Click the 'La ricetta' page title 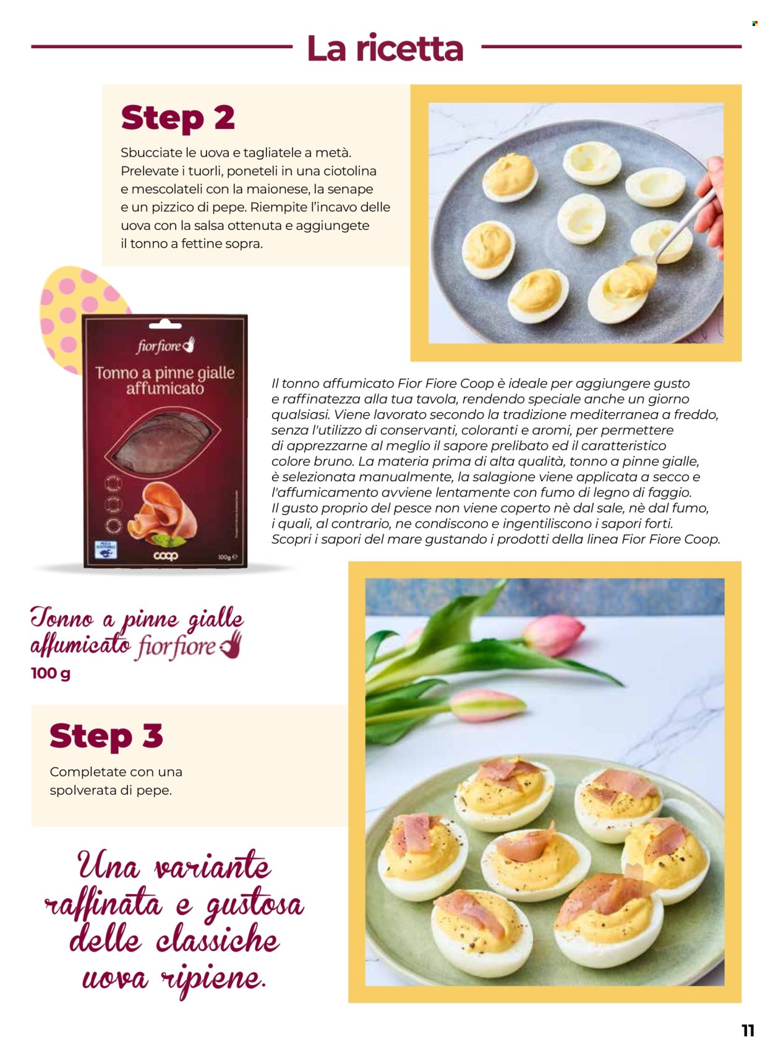coord(385,48)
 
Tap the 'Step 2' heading coord(177,117)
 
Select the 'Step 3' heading coord(106,735)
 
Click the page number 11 coord(748,1030)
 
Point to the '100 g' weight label coord(50,673)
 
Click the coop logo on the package coord(165,555)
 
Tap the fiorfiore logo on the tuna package coord(165,345)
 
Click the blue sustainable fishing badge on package coord(103,549)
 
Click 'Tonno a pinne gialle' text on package coord(164,373)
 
